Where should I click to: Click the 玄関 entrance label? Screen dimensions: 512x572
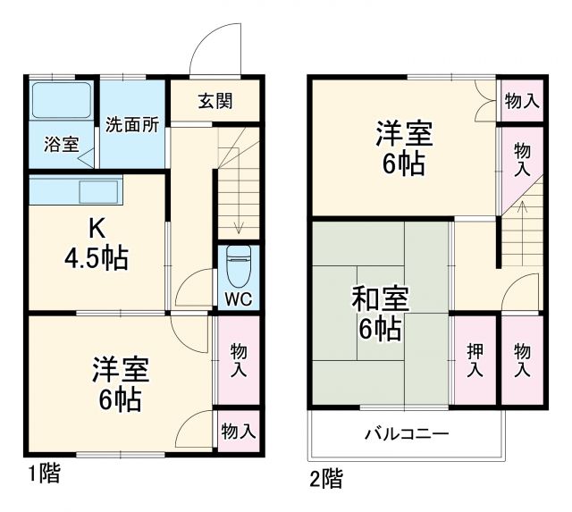pyautogui.click(x=214, y=100)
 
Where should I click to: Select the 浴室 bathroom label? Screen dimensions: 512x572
pyautogui.click(x=61, y=145)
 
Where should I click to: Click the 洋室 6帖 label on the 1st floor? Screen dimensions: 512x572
pyautogui.click(x=120, y=383)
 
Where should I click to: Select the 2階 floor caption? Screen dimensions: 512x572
pyautogui.click(x=326, y=479)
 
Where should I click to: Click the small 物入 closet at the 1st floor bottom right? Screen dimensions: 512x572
pyautogui.click(x=238, y=432)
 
